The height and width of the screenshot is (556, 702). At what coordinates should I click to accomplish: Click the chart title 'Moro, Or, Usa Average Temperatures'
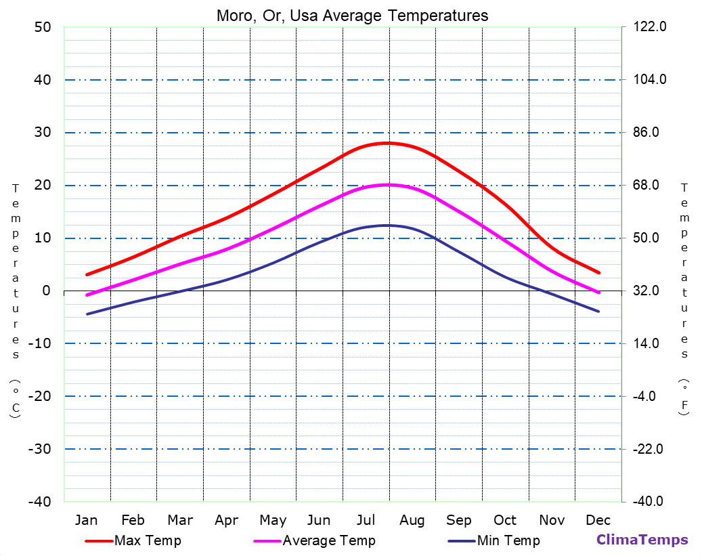pyautogui.click(x=352, y=16)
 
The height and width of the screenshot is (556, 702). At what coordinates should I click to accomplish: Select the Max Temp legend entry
pyautogui.click(x=148, y=540)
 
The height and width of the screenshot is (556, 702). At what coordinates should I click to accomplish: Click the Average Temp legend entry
pyautogui.click(x=328, y=540)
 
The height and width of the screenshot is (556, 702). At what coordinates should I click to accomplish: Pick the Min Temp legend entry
pyautogui.click(x=508, y=540)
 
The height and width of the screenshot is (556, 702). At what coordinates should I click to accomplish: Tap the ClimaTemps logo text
pyautogui.click(x=642, y=540)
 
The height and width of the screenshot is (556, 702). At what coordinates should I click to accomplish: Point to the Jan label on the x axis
pyautogui.click(x=86, y=520)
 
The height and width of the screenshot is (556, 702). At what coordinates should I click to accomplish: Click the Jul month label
pyautogui.click(x=366, y=520)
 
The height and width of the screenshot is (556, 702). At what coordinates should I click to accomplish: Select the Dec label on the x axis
pyautogui.click(x=598, y=520)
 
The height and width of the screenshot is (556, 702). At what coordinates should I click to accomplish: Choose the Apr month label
pyautogui.click(x=226, y=520)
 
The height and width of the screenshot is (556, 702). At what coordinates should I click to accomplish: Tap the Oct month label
pyautogui.click(x=505, y=520)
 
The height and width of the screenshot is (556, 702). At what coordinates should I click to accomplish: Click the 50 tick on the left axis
pyautogui.click(x=42, y=27)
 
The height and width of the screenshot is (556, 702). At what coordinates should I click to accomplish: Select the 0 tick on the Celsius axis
pyautogui.click(x=46, y=291)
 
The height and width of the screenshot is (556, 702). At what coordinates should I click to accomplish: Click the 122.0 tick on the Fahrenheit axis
pyautogui.click(x=649, y=27)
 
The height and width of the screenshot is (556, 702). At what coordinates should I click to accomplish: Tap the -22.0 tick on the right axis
pyautogui.click(x=648, y=449)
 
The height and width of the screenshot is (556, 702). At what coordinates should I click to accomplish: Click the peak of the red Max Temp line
pyautogui.click(x=388, y=143)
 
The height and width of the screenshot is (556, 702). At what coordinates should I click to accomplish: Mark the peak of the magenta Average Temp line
pyautogui.click(x=388, y=184)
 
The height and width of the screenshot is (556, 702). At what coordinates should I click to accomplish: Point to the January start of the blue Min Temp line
pyautogui.click(x=87, y=314)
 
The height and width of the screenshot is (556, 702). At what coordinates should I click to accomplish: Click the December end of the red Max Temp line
pyautogui.click(x=599, y=273)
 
